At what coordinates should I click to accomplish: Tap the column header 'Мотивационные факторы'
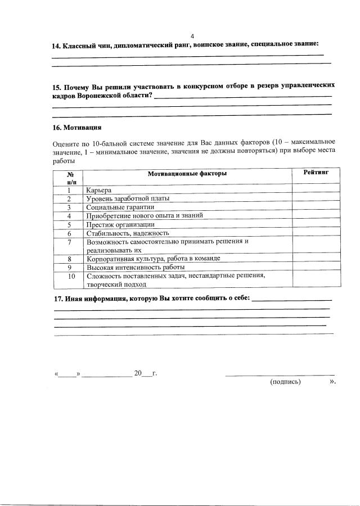click(187, 174)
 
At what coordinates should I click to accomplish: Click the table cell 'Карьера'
click(99, 190)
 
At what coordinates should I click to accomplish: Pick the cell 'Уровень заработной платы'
click(128, 198)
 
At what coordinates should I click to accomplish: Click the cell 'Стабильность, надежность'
click(127, 233)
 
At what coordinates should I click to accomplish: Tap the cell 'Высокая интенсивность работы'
click(136, 267)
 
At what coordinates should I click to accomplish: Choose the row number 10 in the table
click(71, 276)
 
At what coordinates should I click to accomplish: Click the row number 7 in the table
click(69, 242)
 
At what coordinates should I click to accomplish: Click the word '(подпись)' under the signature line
click(286, 382)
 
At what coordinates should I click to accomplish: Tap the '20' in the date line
click(138, 373)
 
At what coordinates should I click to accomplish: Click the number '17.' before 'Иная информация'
click(58, 298)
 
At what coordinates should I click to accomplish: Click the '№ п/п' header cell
click(71, 178)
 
